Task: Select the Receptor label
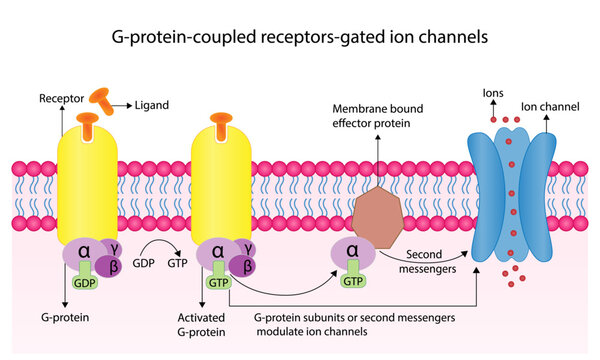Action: click(x=61, y=98)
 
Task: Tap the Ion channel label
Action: click(x=548, y=103)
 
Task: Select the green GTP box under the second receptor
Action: click(x=215, y=282)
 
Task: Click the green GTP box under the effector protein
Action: click(x=351, y=282)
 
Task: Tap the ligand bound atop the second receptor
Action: click(x=220, y=126)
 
